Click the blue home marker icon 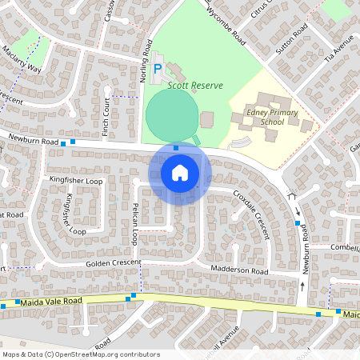click(180, 172)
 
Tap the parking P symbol click(158, 70)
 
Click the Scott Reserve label click(195, 85)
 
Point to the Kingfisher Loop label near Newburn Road click(76, 182)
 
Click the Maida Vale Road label click(52, 301)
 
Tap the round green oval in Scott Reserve click(170, 114)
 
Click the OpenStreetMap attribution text click(81, 354)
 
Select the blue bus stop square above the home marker click(176, 147)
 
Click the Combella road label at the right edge click(345, 248)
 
